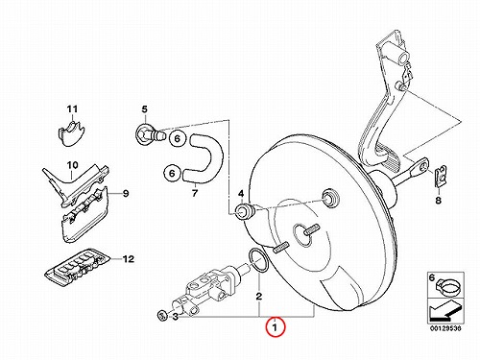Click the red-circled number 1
[x=275, y=327]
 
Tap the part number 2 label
[x=259, y=297]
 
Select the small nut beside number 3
[x=162, y=315]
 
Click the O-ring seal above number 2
[x=258, y=260]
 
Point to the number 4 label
[x=241, y=194]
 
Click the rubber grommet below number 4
[x=245, y=211]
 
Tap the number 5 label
[x=145, y=109]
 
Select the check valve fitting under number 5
[x=150, y=132]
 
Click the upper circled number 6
[x=178, y=138]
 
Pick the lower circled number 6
[x=172, y=173]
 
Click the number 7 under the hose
[x=195, y=193]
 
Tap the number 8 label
[x=438, y=201]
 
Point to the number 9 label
[x=126, y=193]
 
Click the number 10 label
[x=72, y=165]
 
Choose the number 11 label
[x=72, y=109]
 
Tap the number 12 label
[x=129, y=258]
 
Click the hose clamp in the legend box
[x=449, y=286]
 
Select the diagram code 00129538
[x=445, y=328]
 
